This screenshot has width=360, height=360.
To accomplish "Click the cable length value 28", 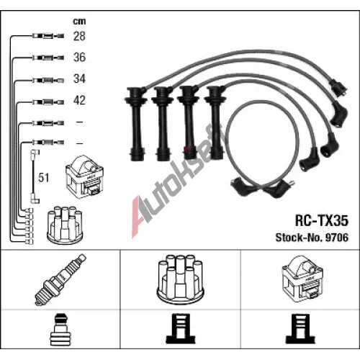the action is [x=79, y=36].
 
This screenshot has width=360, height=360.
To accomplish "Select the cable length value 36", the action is [x=79, y=57].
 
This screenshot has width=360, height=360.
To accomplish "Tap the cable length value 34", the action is [x=79, y=78].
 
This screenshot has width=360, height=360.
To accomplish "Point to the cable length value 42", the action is [x=79, y=100].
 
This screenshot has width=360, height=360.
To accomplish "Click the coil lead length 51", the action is [x=43, y=178].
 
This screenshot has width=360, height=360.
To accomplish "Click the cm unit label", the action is [x=79, y=22].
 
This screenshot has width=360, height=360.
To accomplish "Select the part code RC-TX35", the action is [x=322, y=220].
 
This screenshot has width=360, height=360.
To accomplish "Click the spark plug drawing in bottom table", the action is [x=60, y=279].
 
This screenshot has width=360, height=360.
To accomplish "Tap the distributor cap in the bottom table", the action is [x=180, y=279].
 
